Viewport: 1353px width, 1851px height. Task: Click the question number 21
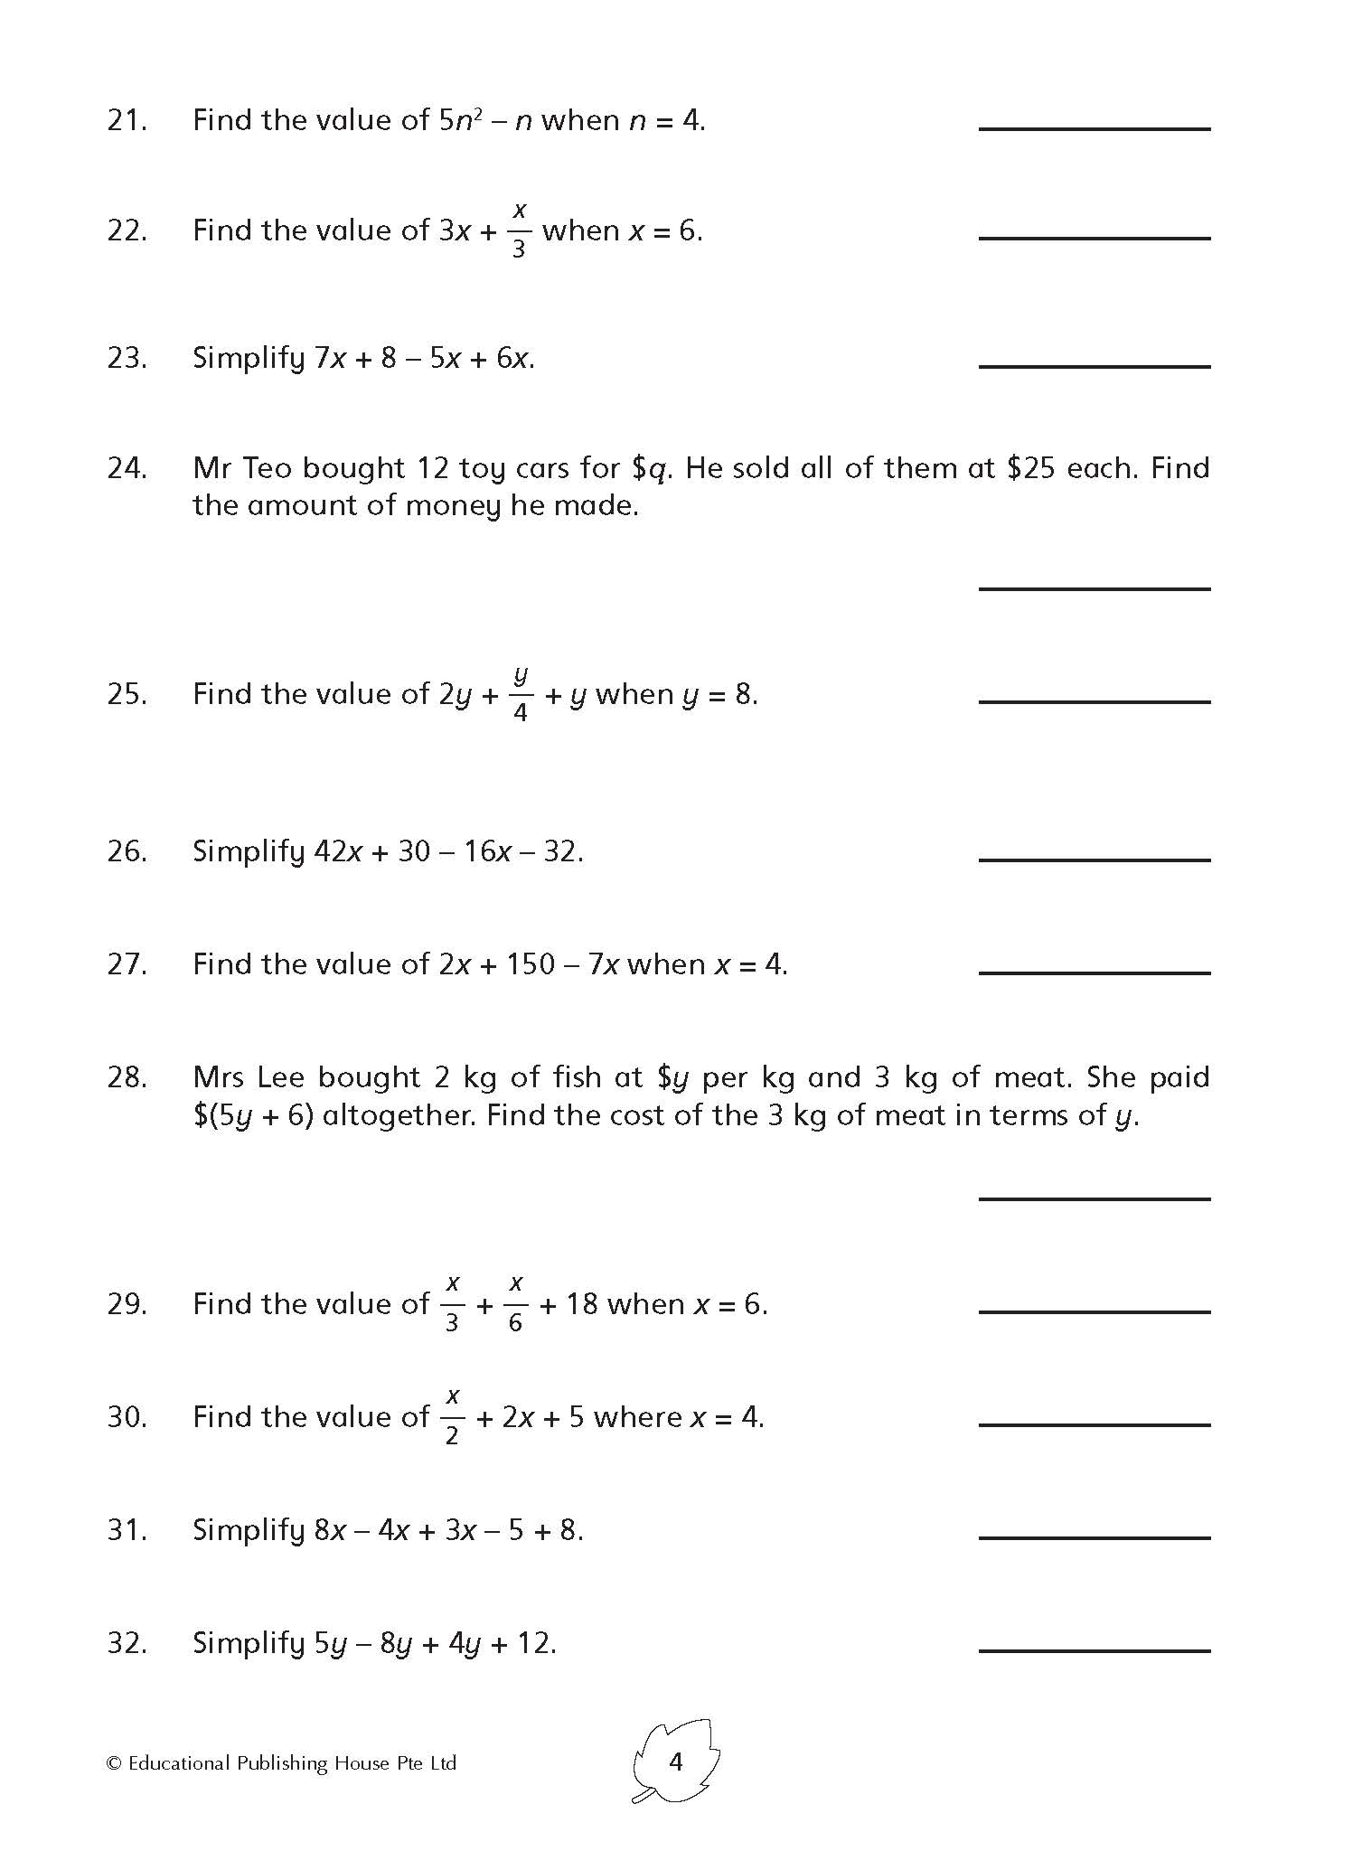click(127, 120)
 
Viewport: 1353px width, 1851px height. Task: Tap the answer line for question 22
click(1094, 238)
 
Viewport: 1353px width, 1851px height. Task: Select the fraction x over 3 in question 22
click(519, 230)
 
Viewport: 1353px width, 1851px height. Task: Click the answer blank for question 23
click(1094, 366)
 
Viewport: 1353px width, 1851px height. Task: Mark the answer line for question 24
click(1094, 588)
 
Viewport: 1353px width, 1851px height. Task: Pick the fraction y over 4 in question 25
click(520, 694)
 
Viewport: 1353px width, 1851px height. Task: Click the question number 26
click(127, 851)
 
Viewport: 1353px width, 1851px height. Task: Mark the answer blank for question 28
click(1094, 1198)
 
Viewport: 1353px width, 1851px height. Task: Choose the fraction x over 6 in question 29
click(515, 1303)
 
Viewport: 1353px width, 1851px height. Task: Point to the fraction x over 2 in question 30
click(452, 1416)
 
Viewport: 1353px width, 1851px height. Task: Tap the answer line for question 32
click(1094, 1650)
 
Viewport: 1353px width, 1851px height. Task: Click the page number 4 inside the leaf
click(675, 1762)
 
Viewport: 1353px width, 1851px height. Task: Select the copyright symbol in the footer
click(114, 1763)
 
